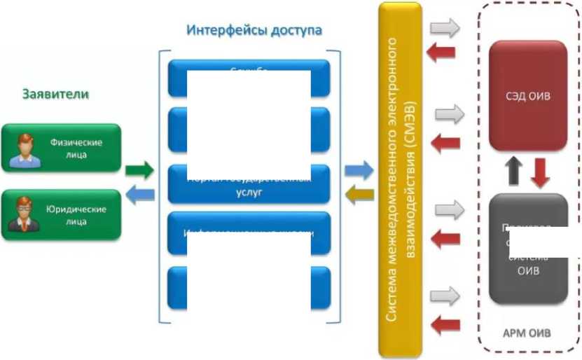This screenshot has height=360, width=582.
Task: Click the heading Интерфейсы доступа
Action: [x=254, y=30]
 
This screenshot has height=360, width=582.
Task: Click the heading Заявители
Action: [x=56, y=94]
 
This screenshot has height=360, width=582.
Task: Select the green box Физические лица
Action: [x=61, y=148]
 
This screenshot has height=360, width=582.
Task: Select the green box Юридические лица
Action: [x=61, y=214]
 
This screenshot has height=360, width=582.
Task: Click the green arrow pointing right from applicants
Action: [x=139, y=169]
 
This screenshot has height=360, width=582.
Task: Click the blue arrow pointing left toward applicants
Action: [x=139, y=193]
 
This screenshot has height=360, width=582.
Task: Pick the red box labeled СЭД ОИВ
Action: [x=527, y=96]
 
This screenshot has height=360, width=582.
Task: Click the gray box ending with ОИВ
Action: [x=527, y=249]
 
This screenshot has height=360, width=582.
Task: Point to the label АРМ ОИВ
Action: [x=527, y=333]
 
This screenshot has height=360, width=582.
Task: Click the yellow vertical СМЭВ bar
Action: [x=400, y=179]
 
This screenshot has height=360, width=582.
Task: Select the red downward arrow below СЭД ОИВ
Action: [x=539, y=172]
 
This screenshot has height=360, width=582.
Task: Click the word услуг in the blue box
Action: [x=249, y=192]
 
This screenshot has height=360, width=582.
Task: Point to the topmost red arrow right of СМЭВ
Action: [x=443, y=53]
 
